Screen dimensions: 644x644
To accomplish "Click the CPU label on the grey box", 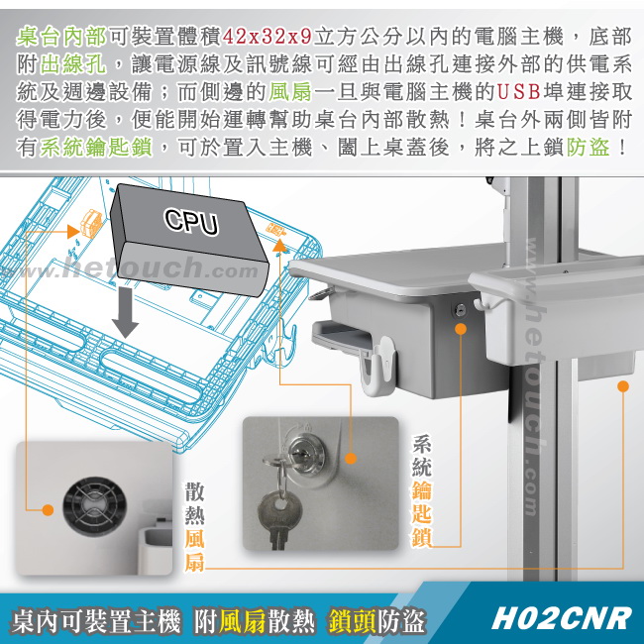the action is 191,221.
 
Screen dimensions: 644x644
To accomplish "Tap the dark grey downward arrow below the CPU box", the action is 125,312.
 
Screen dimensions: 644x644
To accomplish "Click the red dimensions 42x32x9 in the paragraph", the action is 267,37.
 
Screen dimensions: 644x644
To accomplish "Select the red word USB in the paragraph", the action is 519,91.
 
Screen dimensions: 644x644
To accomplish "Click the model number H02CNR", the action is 561,618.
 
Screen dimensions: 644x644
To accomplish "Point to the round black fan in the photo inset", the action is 94,506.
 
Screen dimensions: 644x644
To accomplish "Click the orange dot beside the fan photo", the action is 49,510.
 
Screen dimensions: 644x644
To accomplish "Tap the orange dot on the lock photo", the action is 351,459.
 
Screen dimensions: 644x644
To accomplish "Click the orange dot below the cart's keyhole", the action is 461,329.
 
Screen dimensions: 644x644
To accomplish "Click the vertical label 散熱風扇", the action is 194,527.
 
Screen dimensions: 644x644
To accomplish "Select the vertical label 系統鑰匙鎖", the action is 422,490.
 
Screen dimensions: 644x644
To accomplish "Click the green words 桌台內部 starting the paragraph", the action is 61,37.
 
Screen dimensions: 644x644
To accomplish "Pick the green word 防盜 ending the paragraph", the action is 589,147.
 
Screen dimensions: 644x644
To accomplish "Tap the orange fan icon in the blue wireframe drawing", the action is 91,223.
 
